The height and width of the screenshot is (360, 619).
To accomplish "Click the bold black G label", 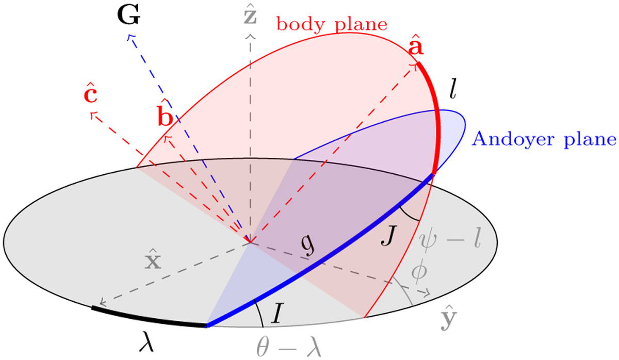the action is pos(129,16).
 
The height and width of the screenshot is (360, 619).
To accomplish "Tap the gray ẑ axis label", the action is pos(250,14).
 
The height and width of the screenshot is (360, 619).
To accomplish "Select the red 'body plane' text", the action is pos(332,24).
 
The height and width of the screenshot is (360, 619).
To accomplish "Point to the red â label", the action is pos(416,45).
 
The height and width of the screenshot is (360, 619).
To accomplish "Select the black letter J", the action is pos(389,235).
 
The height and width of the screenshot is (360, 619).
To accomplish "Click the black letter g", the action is pos(308,247).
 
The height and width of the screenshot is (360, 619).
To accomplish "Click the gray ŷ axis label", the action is pos(448,318).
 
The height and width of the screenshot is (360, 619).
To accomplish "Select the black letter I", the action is pos(277,313).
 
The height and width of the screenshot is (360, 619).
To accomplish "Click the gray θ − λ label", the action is pos(289,347).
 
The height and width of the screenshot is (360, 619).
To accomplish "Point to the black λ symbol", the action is pos(146,341).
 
